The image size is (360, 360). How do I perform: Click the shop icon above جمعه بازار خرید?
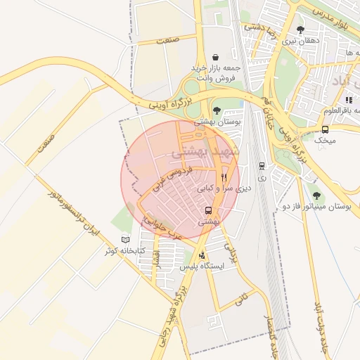(214, 57)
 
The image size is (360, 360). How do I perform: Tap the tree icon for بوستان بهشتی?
(217, 110)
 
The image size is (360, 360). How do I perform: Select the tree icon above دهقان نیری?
(301, 30)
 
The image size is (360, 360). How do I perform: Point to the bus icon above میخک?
(325, 129)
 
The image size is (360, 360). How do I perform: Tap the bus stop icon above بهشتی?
(208, 210)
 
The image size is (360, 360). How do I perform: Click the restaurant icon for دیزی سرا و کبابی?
(224, 177)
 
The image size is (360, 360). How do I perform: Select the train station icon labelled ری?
(262, 167)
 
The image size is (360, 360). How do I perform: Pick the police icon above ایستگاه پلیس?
(202, 255)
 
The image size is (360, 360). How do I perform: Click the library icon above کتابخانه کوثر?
(126, 239)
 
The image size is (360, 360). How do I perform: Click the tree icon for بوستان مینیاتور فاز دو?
(315, 195)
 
